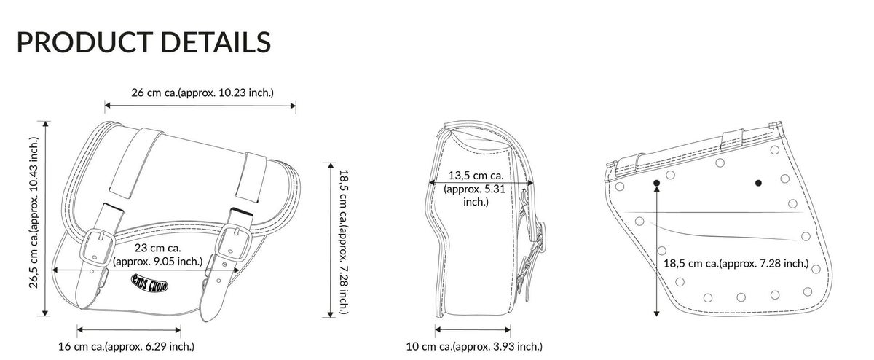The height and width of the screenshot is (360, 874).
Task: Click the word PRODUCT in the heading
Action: click(x=84, y=42)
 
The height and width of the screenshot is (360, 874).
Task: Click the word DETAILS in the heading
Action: click(x=216, y=42)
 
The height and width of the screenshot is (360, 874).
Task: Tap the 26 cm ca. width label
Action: click(x=202, y=93)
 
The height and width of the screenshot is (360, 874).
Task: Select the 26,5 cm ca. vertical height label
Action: click(x=34, y=213)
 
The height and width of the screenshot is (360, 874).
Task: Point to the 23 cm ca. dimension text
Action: click(x=157, y=254)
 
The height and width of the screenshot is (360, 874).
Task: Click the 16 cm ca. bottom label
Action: click(x=126, y=346)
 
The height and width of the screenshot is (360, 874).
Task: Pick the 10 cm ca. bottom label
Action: click(x=474, y=346)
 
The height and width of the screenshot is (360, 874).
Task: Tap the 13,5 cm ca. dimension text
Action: click(x=475, y=189)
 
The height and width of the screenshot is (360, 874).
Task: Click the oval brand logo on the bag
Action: click(x=149, y=283)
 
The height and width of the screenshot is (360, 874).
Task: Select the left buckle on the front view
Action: click(x=97, y=247)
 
